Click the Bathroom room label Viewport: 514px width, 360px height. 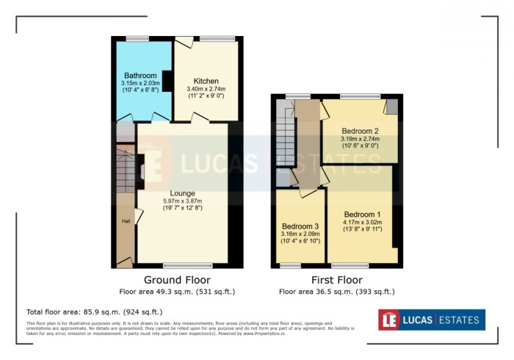[140, 75]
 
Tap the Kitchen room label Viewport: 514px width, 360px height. [206, 81]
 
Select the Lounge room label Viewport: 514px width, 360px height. [183, 192]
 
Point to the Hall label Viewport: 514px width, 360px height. [126, 221]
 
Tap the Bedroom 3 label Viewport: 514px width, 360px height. [301, 226]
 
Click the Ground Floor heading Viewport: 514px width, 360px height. [177, 280]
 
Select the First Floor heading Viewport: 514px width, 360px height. [336, 280]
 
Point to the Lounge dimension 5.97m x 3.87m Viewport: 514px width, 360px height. [183, 201]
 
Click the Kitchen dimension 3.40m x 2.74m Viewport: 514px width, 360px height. [206, 89]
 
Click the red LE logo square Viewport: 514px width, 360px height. [390, 320]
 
